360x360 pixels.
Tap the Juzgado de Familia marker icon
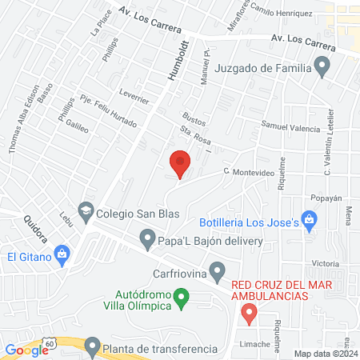coord(322,67)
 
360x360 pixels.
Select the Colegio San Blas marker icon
coord(86,214)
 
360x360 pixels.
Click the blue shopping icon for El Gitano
coord(61,256)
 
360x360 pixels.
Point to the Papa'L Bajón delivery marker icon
coord(146,239)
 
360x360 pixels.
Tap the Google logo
coord(26,349)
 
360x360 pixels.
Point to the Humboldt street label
coord(181,58)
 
